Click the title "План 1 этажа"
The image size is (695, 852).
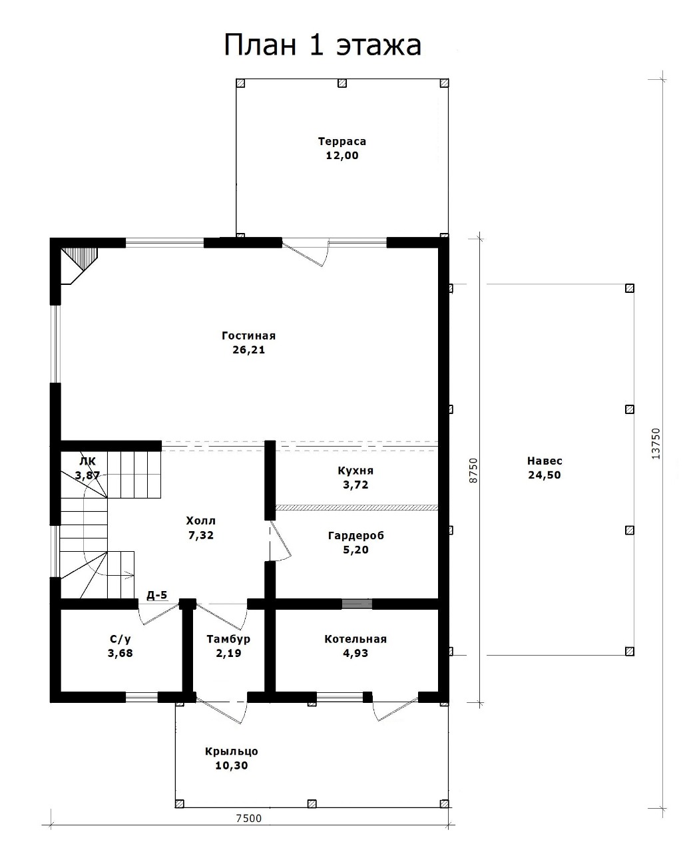(322, 45)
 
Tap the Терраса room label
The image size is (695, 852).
(342, 141)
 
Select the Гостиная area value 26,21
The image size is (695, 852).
(248, 350)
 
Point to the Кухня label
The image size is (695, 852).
(355, 471)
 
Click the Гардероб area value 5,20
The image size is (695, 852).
(355, 550)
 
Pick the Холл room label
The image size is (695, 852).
(201, 521)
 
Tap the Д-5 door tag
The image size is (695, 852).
(157, 594)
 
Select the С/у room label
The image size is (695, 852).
(120, 639)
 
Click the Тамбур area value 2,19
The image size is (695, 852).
(228, 653)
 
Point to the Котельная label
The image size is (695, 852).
(355, 639)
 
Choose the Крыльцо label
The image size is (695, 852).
(232, 751)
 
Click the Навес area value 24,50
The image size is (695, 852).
(545, 475)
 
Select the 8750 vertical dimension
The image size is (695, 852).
(473, 470)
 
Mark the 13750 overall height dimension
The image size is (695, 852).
(656, 443)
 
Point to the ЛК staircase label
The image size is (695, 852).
(87, 461)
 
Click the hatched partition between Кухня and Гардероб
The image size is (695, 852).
(356, 507)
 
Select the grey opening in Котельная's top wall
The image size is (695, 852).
(357, 604)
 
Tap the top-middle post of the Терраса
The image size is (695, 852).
(342, 83)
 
